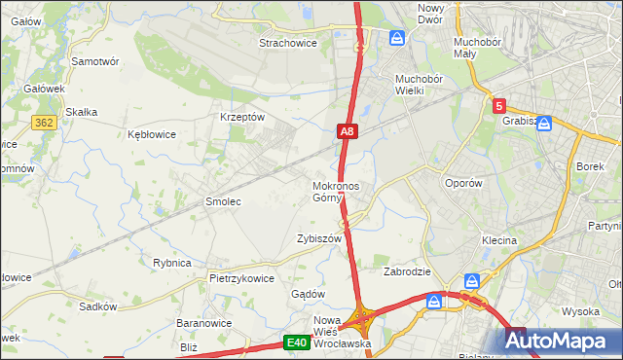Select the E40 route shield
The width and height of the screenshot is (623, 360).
tap(297, 342)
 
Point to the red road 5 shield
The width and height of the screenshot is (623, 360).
tap(498, 106)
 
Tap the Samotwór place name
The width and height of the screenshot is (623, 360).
tap(95, 60)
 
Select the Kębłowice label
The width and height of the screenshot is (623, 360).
tap(152, 134)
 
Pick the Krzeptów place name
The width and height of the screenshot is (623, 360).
tap(242, 117)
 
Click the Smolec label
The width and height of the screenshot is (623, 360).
tap(222, 201)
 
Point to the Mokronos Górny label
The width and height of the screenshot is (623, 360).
tap(336, 192)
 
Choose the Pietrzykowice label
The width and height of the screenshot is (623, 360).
tap(241, 277)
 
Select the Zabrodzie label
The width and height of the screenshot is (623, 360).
tap(407, 271)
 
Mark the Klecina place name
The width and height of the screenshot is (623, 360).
tap(498, 239)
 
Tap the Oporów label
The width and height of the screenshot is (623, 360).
tap(463, 183)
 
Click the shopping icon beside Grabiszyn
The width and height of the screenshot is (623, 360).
tap(544, 123)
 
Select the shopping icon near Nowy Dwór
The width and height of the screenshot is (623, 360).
tap(397, 38)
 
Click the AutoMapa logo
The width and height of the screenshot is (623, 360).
tap(563, 341)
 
